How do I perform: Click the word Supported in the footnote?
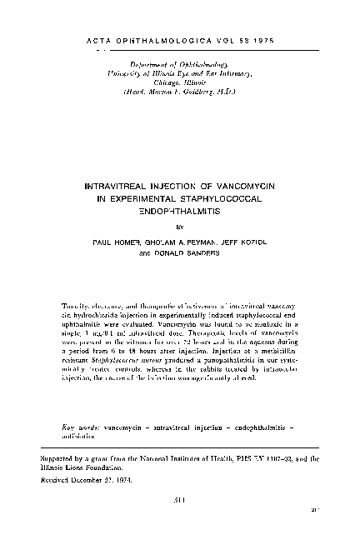coord(62,457)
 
